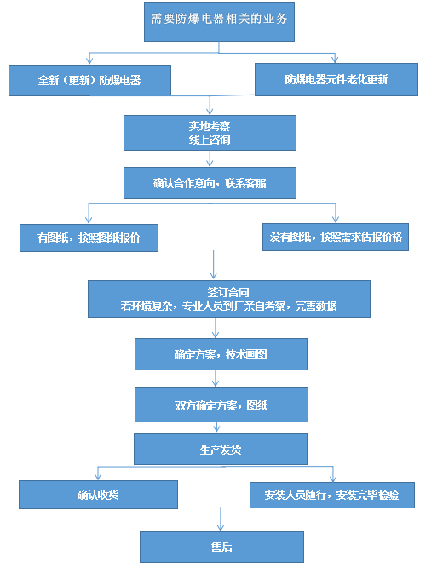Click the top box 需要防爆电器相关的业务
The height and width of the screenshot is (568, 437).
pos(219,21)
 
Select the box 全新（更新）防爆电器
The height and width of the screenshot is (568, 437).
pos(89,79)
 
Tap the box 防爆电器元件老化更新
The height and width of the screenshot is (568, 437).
pos(336,79)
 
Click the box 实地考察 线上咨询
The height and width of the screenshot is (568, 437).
pos(210,131)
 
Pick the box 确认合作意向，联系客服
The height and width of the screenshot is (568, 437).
pos(210,183)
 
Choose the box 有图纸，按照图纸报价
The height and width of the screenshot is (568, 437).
pos(90,238)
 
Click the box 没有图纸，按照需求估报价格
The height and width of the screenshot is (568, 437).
pos(335,237)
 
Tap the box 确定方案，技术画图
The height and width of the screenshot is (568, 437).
pos(220,353)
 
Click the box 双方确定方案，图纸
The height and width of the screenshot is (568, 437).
pos(220,404)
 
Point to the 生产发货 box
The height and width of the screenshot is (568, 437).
pos(219,449)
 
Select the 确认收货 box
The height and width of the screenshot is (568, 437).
pos(98,495)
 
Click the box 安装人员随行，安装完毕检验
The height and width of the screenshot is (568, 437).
pos(331,495)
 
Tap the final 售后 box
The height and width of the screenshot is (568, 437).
pos(221,547)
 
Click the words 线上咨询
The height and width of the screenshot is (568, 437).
pos(210,139)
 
